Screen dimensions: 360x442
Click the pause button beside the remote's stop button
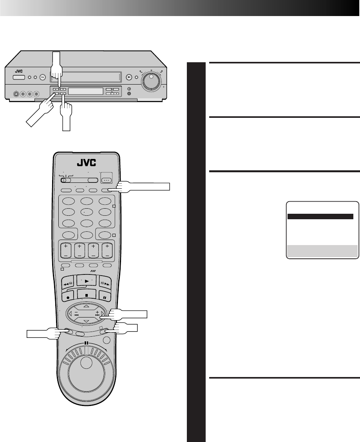click(x=105, y=296)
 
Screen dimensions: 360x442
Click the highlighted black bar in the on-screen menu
click(x=320, y=216)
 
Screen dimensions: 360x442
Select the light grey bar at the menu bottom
click(x=322, y=251)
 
